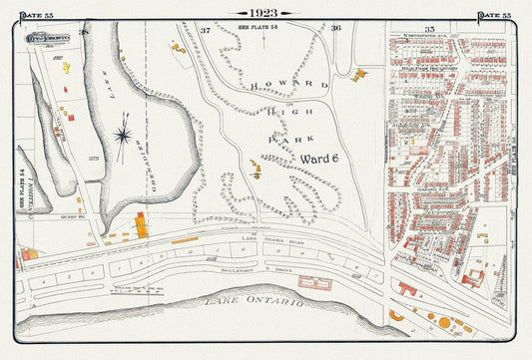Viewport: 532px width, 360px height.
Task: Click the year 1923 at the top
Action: pyautogui.click(x=265, y=13)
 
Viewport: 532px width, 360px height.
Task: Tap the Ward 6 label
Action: pyautogui.click(x=319, y=159)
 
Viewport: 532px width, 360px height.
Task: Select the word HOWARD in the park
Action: pyautogui.click(x=289, y=85)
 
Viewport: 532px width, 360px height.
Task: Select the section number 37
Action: pyautogui.click(x=205, y=30)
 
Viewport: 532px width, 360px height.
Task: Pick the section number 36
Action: pyautogui.click(x=336, y=28)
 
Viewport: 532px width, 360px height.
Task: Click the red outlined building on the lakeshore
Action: pyautogui.click(x=314, y=282)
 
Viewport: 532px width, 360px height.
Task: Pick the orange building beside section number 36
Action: pyautogui.click(x=358, y=74)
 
